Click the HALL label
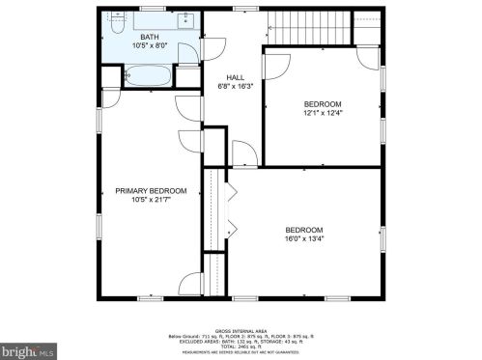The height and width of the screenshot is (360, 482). [236, 76]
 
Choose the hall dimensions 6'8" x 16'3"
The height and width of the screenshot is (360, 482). [236, 86]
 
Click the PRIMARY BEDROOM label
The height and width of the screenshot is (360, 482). [151, 191]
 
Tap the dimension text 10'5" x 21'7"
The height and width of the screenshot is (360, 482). [151, 201]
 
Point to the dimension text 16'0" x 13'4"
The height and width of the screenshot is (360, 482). [303, 238]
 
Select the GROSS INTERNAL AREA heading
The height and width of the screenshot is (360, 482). [241, 329]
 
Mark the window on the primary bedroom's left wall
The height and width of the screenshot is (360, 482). [99, 222]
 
